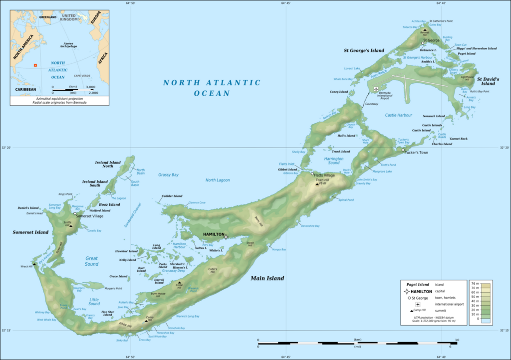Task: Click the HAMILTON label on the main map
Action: [213, 234]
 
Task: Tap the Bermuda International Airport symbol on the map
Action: [376, 89]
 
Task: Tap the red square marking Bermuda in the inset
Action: [35, 65]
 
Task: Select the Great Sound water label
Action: [91, 261]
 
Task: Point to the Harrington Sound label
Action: [334, 160]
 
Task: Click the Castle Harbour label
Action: [398, 115]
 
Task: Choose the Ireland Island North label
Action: [108, 164]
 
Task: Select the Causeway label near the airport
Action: [371, 104]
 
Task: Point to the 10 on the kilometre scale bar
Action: [456, 340]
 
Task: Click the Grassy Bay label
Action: [168, 175]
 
